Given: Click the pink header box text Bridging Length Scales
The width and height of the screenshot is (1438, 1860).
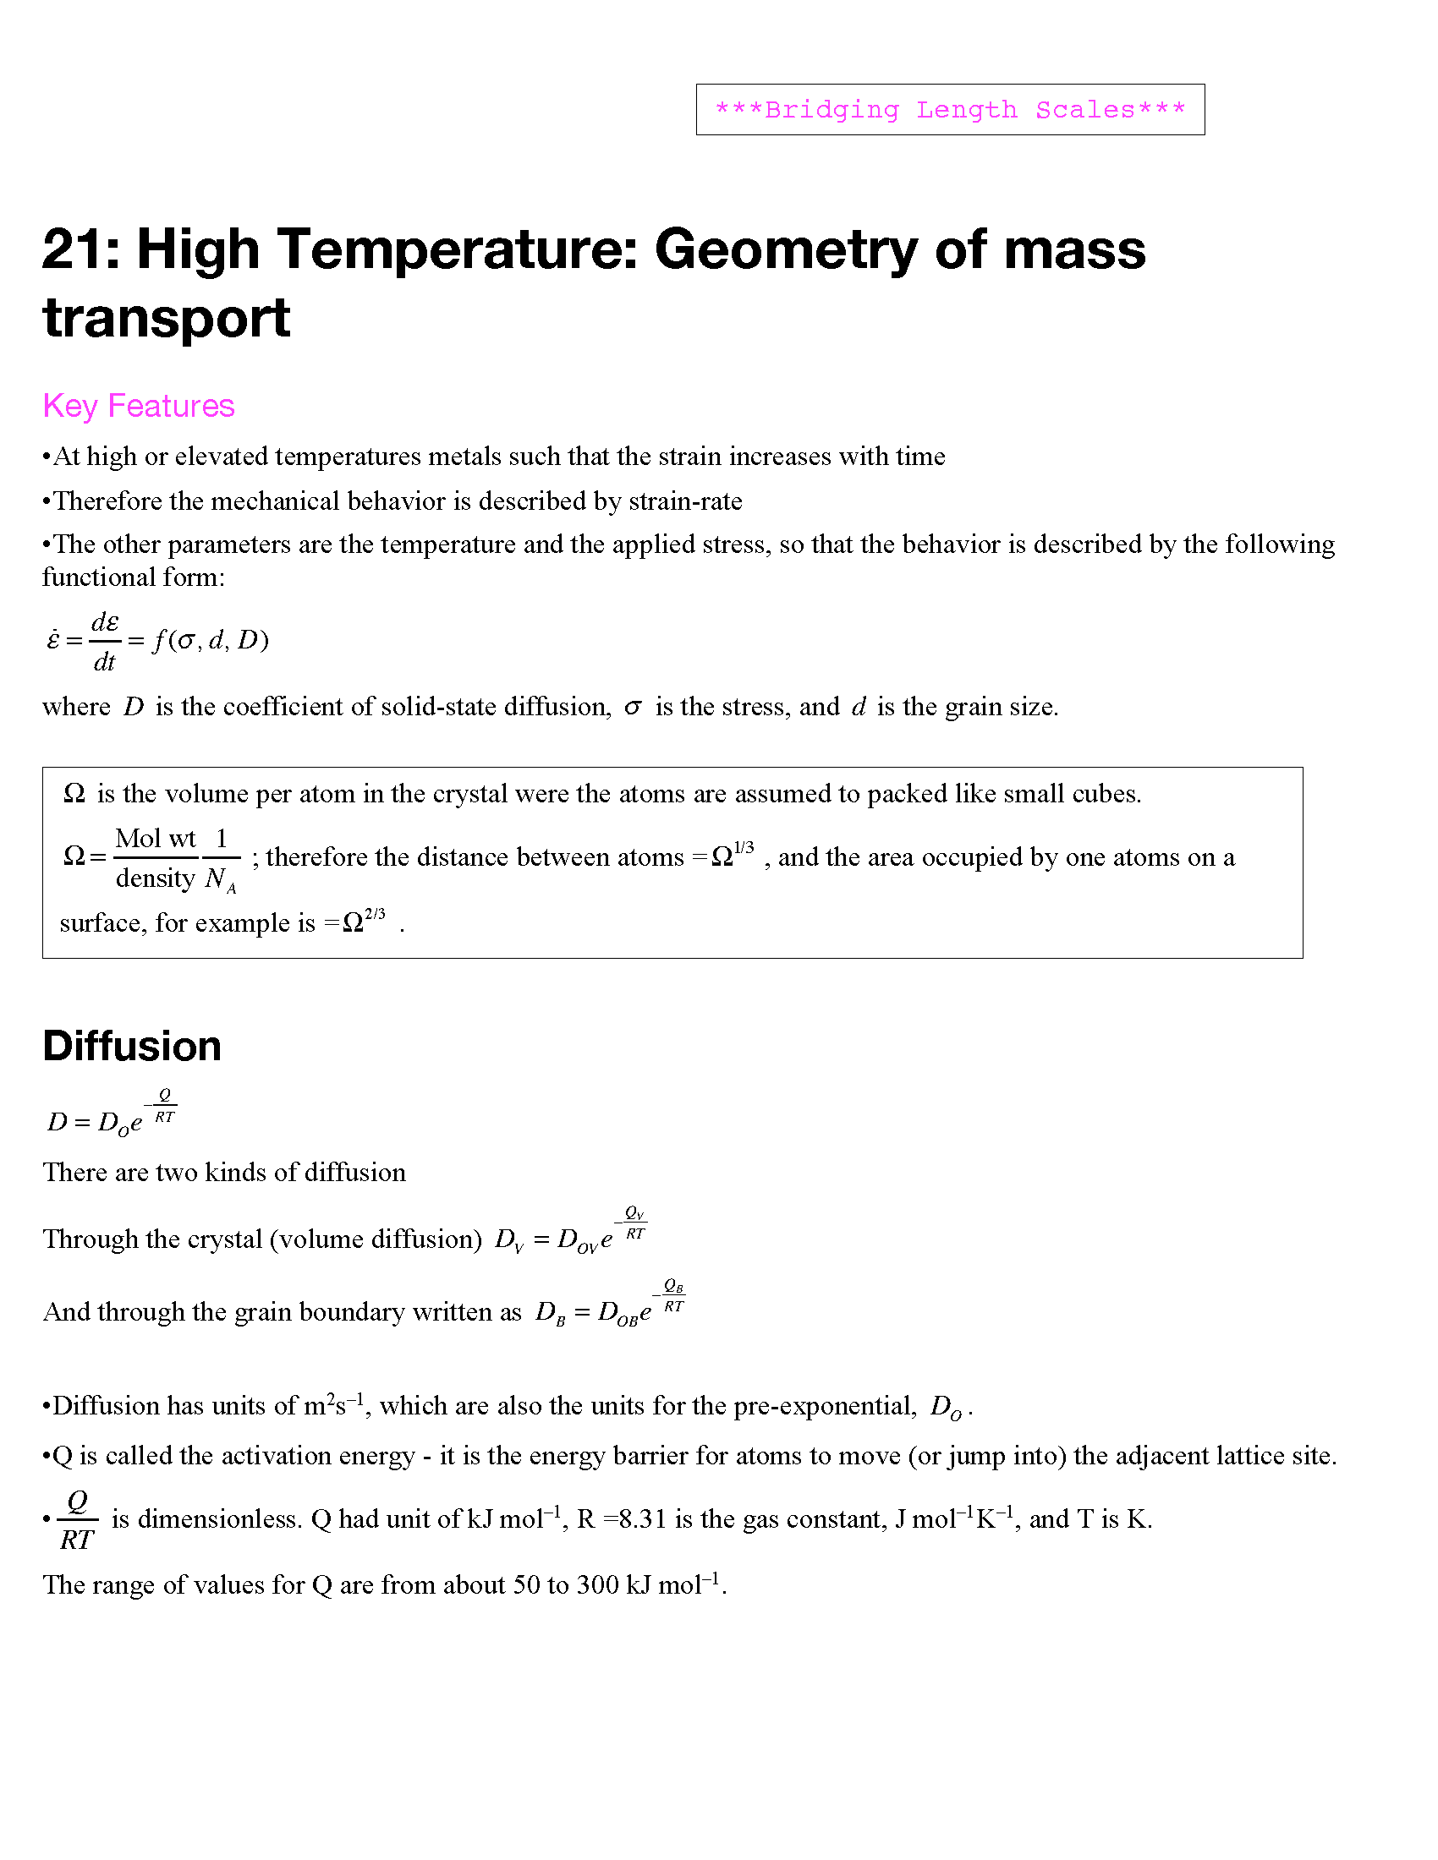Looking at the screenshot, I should [x=950, y=110].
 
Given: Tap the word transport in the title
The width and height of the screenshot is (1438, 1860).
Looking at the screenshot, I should [x=166, y=318].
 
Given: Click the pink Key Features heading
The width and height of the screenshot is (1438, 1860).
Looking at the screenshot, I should [x=138, y=406].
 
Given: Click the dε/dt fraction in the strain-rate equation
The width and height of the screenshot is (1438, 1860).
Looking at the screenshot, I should [x=105, y=642].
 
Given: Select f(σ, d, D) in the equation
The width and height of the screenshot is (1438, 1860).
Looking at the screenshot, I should [x=211, y=640].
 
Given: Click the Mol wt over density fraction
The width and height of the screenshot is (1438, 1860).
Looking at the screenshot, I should [x=156, y=857].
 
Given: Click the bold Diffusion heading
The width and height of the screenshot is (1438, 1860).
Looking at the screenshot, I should [x=132, y=1046].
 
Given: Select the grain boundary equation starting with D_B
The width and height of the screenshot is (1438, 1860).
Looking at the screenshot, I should [x=610, y=1305].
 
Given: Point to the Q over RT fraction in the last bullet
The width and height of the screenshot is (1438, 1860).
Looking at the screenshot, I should [x=78, y=1520].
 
